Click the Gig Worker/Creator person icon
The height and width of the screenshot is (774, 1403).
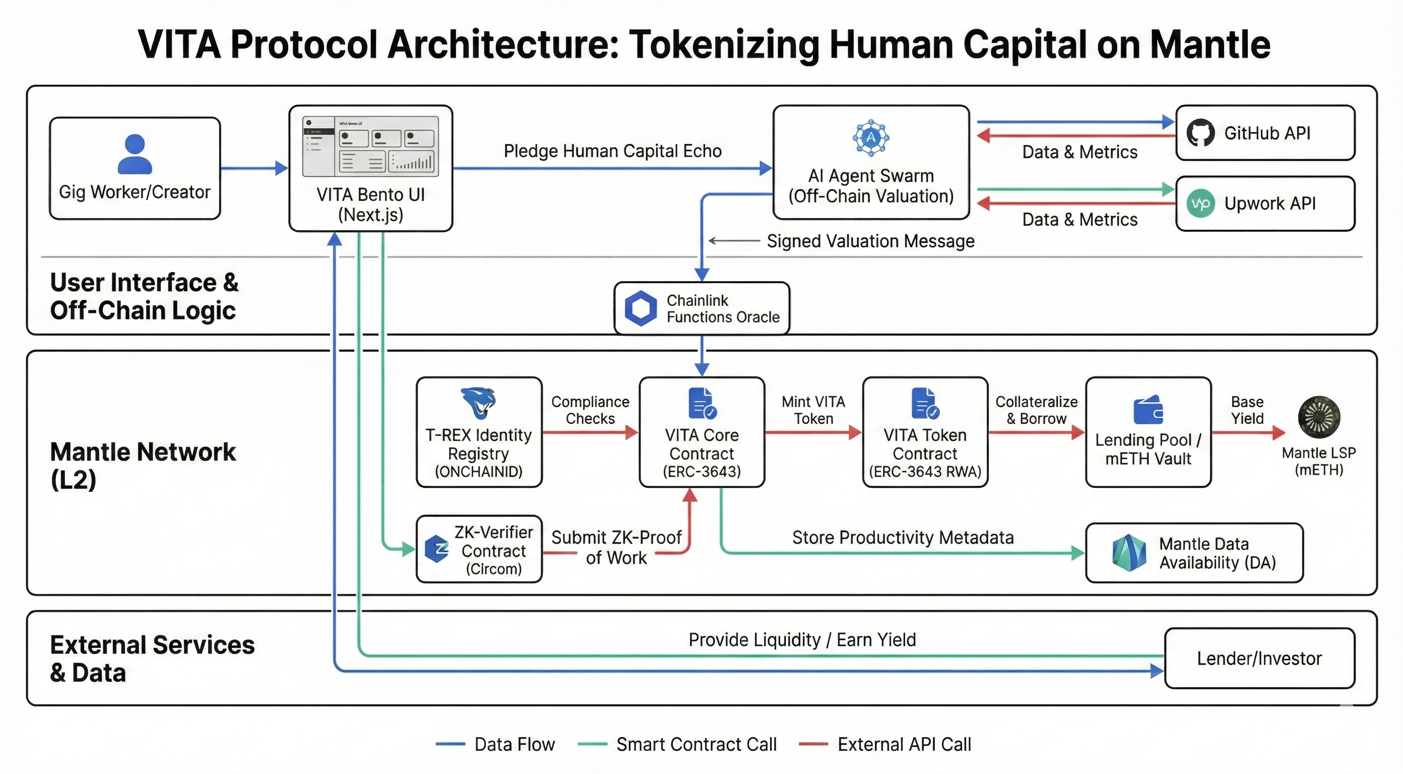[x=135, y=154]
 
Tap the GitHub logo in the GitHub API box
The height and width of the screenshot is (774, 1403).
[x=1200, y=133]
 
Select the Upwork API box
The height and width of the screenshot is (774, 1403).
[x=1264, y=204]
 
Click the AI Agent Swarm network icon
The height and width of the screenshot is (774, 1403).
[x=870, y=138]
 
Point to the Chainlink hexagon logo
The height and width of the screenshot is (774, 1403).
[x=641, y=308]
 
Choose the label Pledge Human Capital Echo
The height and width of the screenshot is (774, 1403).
[x=612, y=151]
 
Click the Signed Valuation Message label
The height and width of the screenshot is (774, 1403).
[x=870, y=241]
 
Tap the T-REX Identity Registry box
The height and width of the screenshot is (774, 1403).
[x=479, y=432]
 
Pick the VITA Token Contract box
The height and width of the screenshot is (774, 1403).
[x=925, y=432]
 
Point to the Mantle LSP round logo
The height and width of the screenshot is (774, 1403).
[x=1318, y=417]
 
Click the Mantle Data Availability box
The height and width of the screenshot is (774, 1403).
[x=1194, y=553]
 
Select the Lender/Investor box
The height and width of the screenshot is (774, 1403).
[x=1259, y=659]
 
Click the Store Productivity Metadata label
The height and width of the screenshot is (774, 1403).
[x=903, y=538]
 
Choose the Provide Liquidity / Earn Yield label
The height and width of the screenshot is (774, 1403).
[x=802, y=639]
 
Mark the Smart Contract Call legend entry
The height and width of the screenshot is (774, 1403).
[x=696, y=744]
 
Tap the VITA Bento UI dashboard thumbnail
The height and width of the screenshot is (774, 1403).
[x=370, y=146]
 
